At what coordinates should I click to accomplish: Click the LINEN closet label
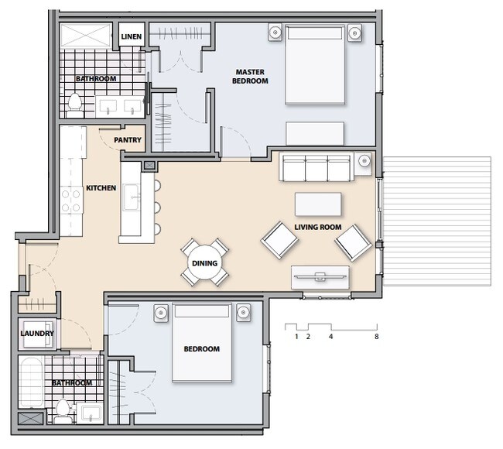pos(129,36)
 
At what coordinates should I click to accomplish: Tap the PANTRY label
pos(127,140)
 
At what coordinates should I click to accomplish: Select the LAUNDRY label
pos(36,334)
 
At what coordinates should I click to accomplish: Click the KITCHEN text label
pos(101,188)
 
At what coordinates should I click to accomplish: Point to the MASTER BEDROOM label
pos(251,77)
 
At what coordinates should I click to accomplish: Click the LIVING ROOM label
pos(318,227)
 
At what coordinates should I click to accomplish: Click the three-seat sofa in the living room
pos(315,166)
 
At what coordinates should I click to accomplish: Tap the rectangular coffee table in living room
pos(318,204)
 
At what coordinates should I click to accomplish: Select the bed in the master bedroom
pos(316,64)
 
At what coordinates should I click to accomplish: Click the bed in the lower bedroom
pos(201,342)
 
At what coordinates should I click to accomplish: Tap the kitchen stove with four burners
pos(72,200)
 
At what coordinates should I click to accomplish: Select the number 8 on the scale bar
pos(376,337)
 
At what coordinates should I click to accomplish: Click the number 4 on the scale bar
pos(331,337)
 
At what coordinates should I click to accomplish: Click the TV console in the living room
pos(320,276)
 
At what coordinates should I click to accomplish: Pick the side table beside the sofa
pos(364,163)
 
